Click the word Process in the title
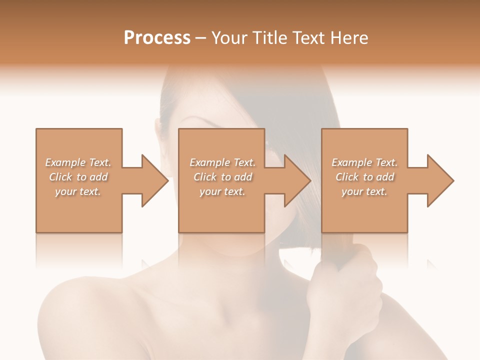pyautogui.click(x=157, y=38)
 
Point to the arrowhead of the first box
pyautogui.click(x=154, y=180)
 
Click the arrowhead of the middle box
pyautogui.click(x=297, y=180)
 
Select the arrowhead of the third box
pyautogui.click(x=440, y=180)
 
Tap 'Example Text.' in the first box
pyautogui.click(x=78, y=162)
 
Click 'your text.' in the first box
pyautogui.click(x=78, y=191)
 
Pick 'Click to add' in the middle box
pyautogui.click(x=222, y=177)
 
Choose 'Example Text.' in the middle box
pyautogui.click(x=222, y=162)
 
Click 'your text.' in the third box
pyautogui.click(x=364, y=191)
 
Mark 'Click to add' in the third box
pyautogui.click(x=364, y=177)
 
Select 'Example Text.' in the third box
pyautogui.click(x=364, y=162)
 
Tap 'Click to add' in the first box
pyautogui.click(x=78, y=177)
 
